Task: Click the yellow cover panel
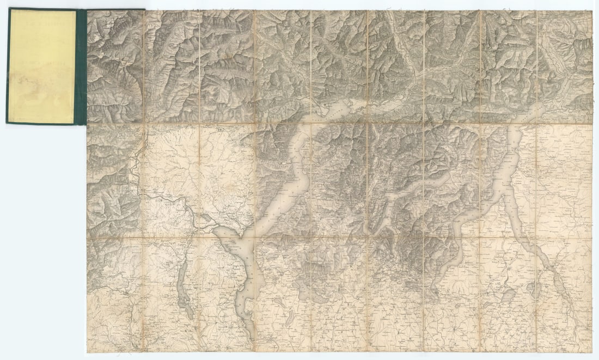tap(42, 65)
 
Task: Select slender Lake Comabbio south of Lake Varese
tap(290, 318)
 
